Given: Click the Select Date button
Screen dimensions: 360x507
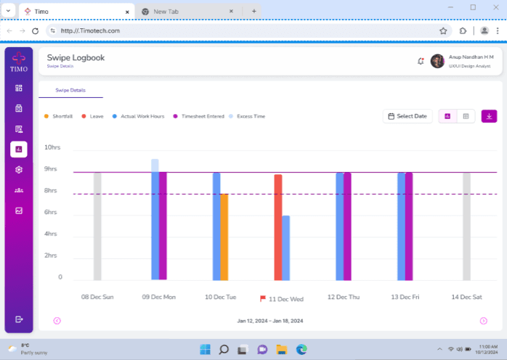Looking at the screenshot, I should [x=407, y=116].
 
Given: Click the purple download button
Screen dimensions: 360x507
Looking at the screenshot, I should [x=489, y=116].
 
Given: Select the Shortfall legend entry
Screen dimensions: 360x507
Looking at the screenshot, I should [x=59, y=116].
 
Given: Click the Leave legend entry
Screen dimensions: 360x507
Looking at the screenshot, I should [x=93, y=116].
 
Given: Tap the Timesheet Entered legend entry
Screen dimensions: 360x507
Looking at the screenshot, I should [x=199, y=116].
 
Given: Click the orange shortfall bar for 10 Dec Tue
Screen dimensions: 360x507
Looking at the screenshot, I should [x=224, y=236].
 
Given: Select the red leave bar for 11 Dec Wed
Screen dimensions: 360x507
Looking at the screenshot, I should [x=278, y=226].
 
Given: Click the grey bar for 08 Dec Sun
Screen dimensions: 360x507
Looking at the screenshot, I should [x=97, y=226].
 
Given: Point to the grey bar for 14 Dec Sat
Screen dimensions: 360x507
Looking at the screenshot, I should [x=467, y=226].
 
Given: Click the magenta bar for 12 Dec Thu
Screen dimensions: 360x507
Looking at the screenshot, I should [x=347, y=226].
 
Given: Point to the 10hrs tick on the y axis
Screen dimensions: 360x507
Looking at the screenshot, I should [x=53, y=147].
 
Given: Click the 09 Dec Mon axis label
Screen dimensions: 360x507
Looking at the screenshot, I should [x=159, y=298].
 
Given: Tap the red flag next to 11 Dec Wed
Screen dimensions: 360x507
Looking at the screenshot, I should [x=263, y=298].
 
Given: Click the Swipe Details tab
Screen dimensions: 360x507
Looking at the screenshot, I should [x=70, y=90].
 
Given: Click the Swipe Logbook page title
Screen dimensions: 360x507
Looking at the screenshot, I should [x=76, y=57].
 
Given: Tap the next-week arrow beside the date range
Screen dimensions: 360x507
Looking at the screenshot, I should [x=484, y=321].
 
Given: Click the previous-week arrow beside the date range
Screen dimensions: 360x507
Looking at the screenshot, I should [x=57, y=321].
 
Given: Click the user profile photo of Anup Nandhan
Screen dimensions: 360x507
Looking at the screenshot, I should [x=437, y=61].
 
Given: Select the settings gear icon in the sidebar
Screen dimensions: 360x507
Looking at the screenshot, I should [x=19, y=170].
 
